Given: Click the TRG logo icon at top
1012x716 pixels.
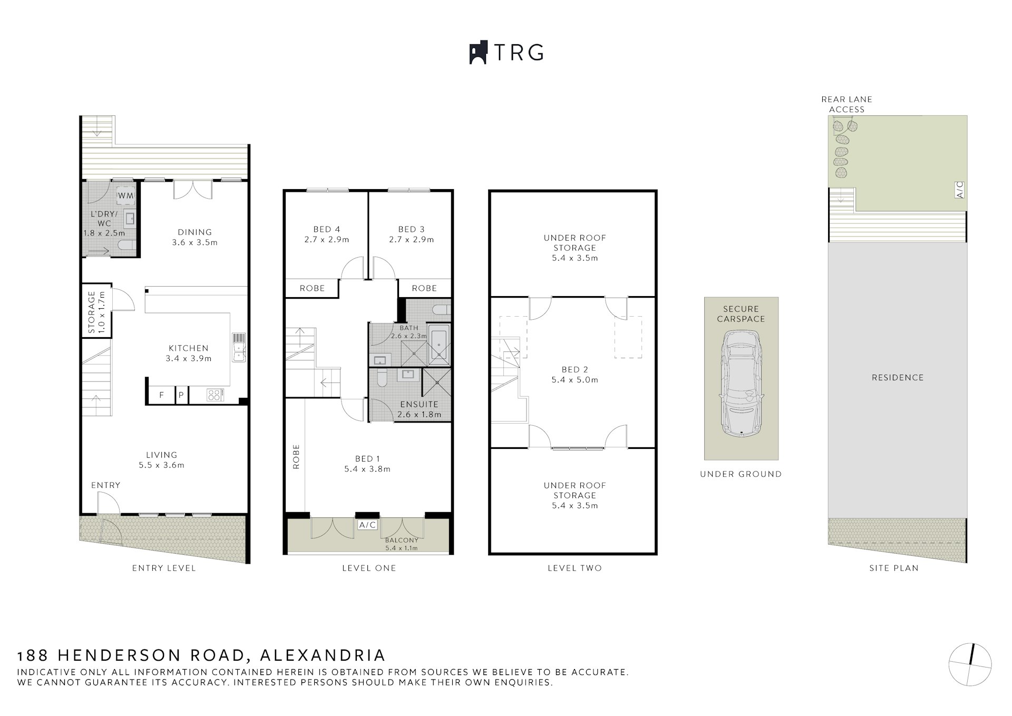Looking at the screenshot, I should click(478, 53).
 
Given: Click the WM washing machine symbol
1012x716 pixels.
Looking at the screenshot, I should click(125, 195).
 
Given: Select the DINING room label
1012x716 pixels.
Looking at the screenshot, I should click(194, 232).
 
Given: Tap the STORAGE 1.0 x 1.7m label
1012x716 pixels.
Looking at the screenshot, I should click(96, 312).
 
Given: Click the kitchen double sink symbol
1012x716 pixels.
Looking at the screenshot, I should click(239, 347).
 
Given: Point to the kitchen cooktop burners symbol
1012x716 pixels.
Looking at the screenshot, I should click(215, 395).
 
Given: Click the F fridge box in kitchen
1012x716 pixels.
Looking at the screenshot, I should click(162, 395).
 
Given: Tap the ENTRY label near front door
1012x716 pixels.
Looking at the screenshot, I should click(105, 485).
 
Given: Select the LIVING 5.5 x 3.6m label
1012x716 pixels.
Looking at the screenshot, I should click(161, 459).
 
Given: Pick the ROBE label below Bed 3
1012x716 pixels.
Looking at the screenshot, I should click(424, 288).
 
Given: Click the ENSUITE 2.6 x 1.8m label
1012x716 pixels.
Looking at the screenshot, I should click(419, 409).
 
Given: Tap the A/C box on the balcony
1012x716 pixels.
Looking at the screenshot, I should click(367, 525).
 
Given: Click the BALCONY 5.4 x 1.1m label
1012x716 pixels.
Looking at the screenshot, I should click(401, 544).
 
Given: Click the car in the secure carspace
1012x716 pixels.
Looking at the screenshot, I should click(741, 383).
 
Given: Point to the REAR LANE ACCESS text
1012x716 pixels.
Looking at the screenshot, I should click(846, 104).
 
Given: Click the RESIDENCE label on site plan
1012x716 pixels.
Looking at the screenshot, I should click(897, 378).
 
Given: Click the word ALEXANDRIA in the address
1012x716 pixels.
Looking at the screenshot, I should click(323, 655).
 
